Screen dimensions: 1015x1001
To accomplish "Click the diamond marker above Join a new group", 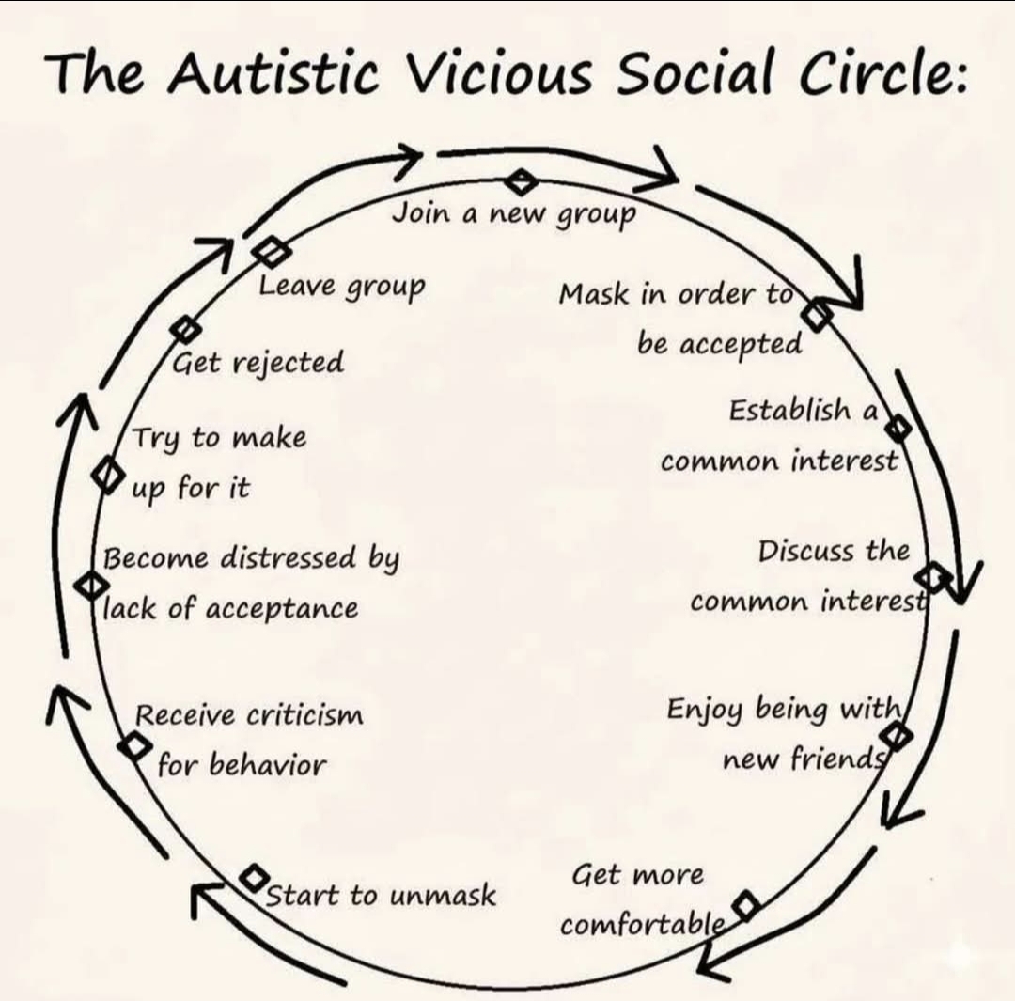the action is click(x=521, y=181).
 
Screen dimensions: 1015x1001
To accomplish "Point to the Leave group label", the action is click(x=342, y=286).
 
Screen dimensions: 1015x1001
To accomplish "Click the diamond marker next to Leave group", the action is click(x=272, y=251).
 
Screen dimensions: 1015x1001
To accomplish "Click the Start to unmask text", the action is click(x=381, y=895).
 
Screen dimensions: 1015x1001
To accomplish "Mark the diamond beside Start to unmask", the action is click(x=255, y=878).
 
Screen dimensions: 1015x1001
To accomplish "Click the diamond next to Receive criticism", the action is click(x=134, y=745).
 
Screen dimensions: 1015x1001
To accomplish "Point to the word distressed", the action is click(x=289, y=557).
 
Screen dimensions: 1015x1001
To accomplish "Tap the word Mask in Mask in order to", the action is click(x=594, y=294).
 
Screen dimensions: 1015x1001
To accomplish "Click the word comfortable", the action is click(x=642, y=924).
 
